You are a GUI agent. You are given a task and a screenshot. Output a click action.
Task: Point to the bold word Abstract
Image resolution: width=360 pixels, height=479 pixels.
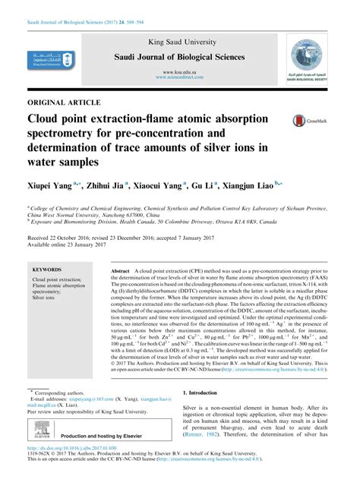tap(121, 271)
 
